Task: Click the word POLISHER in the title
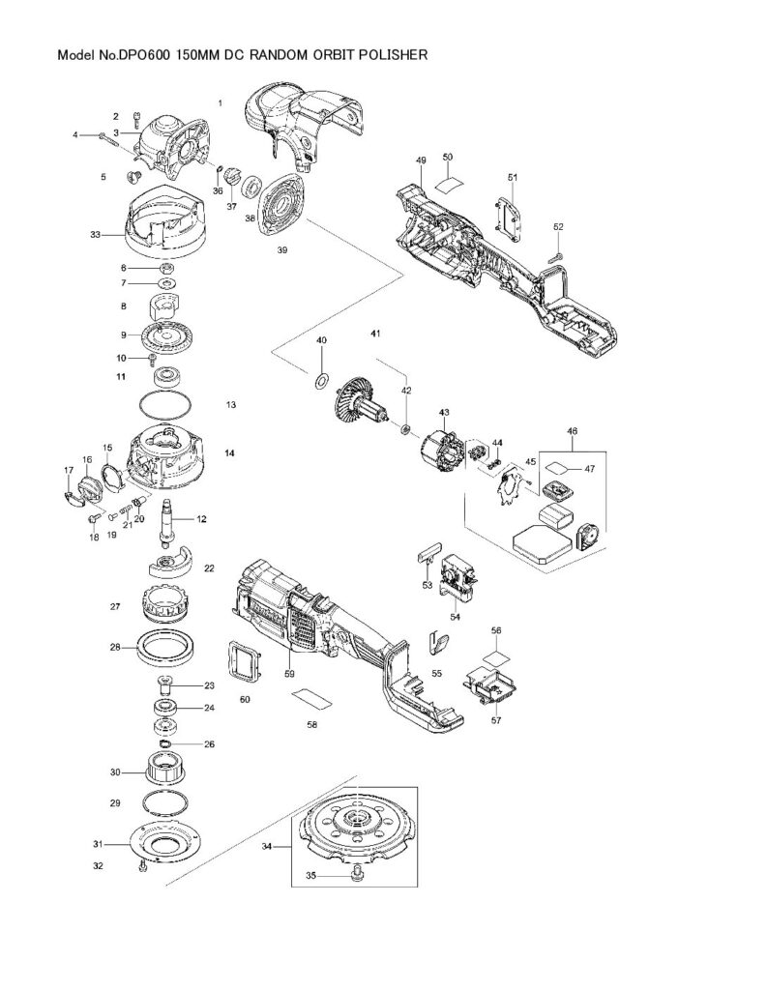(x=393, y=55)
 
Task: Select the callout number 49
(x=421, y=161)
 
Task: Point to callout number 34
(x=267, y=847)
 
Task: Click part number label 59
(x=289, y=674)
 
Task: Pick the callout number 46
(x=572, y=431)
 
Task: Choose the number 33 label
(x=96, y=235)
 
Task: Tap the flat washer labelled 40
(x=321, y=381)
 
